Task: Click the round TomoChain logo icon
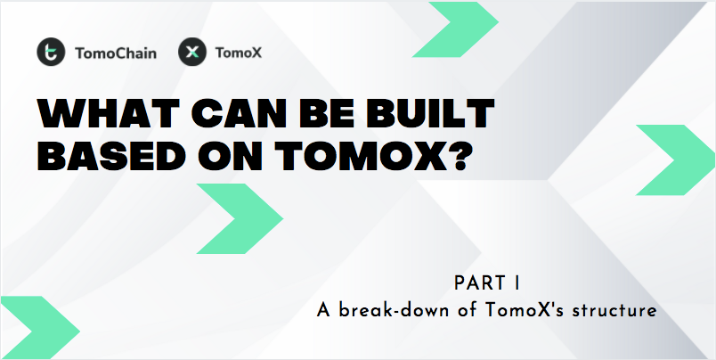(50, 53)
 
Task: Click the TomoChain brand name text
(115, 53)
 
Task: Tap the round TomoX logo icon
(191, 53)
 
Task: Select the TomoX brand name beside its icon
(239, 53)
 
